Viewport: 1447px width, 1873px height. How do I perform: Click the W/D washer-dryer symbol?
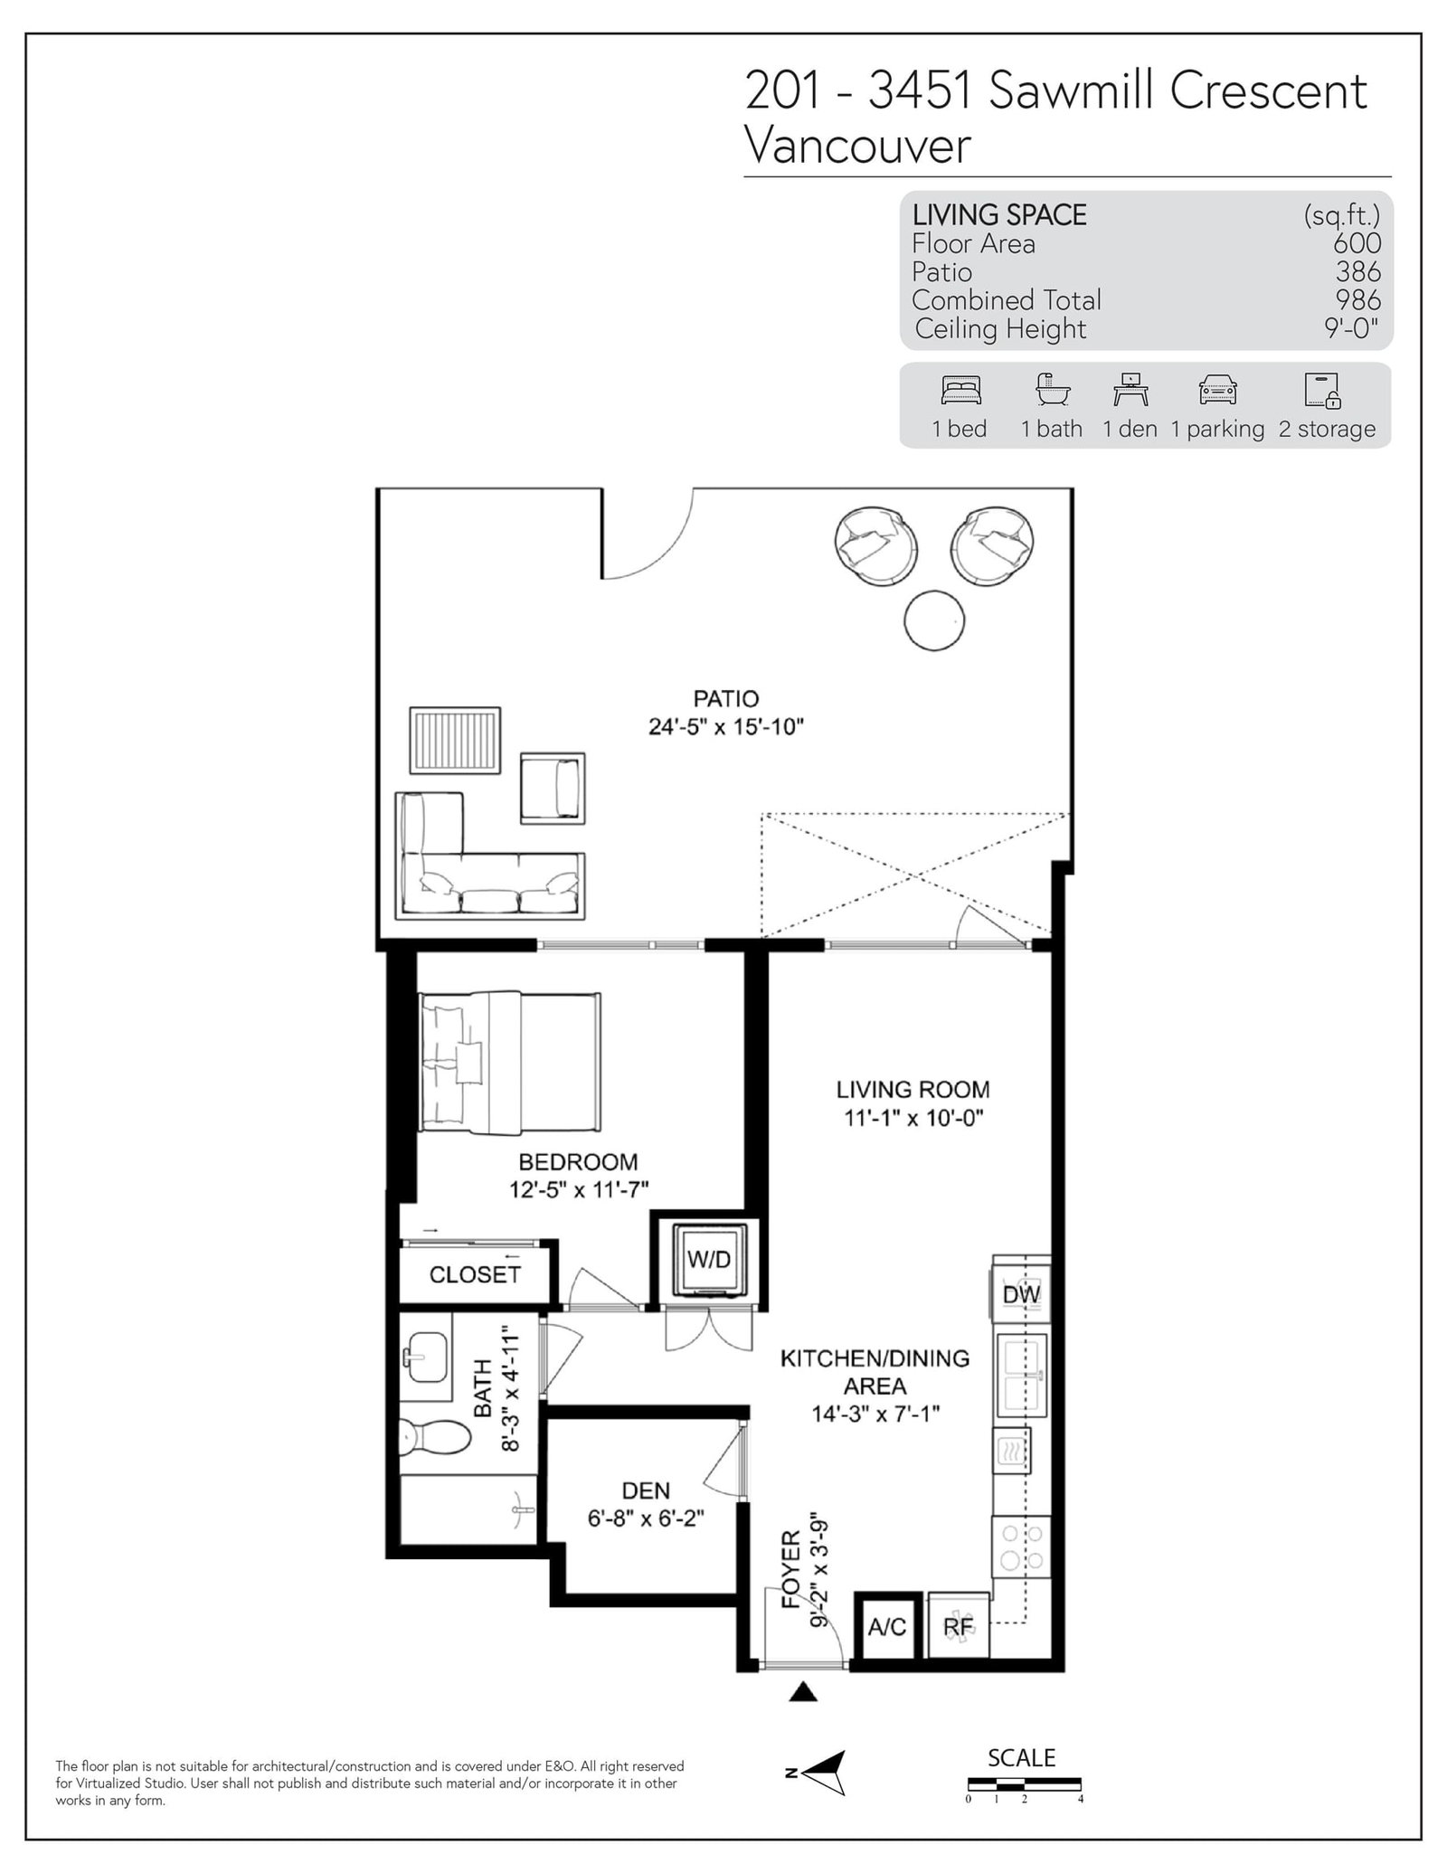point(708,1260)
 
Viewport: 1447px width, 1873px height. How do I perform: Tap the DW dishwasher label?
point(1021,1294)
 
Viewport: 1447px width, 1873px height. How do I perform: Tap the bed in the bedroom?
point(509,1062)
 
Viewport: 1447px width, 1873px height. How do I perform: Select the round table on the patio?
point(934,620)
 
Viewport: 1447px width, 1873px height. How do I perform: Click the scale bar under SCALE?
point(1024,1784)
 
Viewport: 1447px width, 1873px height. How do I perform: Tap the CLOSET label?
point(475,1274)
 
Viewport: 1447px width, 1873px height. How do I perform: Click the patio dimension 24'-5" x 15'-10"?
point(726,726)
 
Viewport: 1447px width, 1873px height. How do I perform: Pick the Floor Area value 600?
point(1357,243)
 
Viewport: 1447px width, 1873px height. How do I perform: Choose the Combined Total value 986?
point(1358,300)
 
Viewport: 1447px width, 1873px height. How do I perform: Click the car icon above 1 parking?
point(1217,391)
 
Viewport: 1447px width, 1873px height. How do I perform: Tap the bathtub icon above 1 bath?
point(1053,389)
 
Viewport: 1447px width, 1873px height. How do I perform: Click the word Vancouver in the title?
point(857,145)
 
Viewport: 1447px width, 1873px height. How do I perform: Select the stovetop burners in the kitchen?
point(1023,1547)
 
